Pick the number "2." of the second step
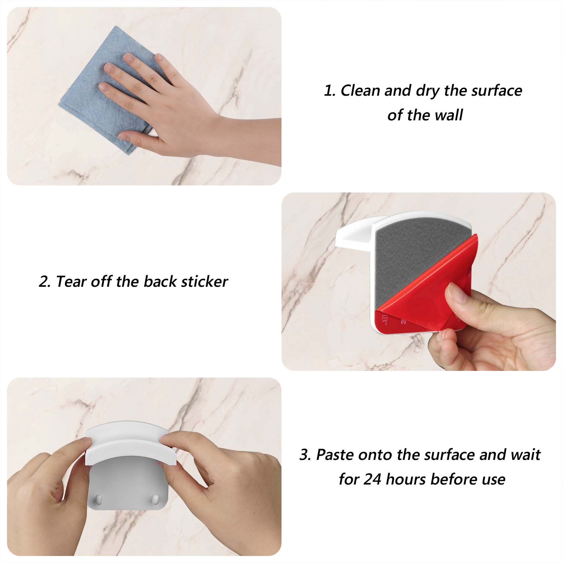pyautogui.click(x=45, y=282)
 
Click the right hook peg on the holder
pyautogui.click(x=154, y=499)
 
